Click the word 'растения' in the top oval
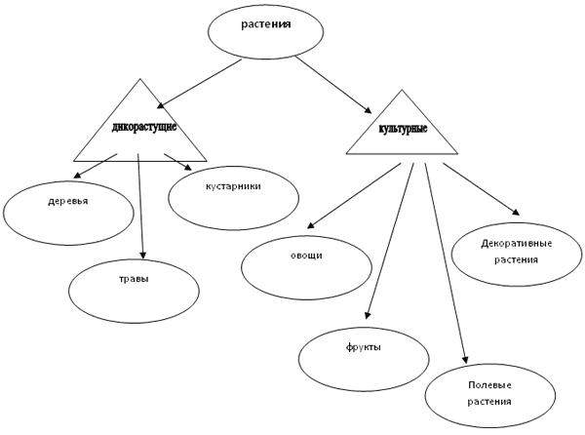tap(265, 22)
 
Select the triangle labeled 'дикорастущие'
tap(140, 127)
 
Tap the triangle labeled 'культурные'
tap(402, 130)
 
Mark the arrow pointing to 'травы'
tap(141, 205)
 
